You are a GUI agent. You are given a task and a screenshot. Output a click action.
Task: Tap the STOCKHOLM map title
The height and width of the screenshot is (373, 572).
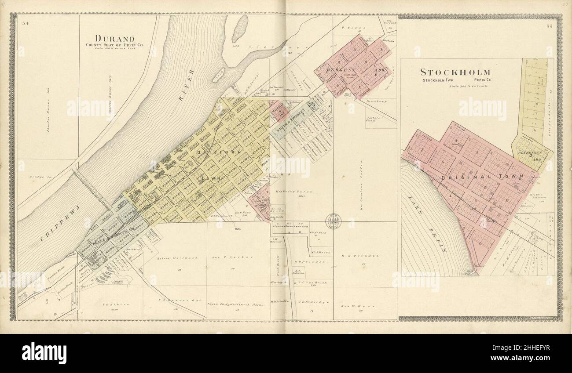(x=455, y=72)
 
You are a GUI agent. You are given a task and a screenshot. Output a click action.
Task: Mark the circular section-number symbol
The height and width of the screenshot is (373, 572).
(x=333, y=221)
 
